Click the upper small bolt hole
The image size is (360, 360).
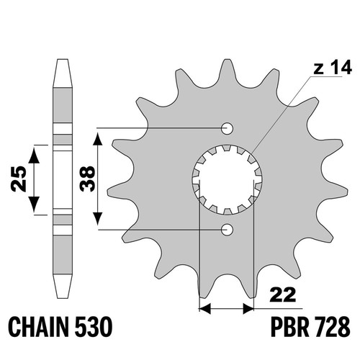[x=227, y=128]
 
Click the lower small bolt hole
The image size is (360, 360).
[x=227, y=230]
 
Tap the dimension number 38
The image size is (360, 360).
[x=87, y=179]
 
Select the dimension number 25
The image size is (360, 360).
[x=19, y=179]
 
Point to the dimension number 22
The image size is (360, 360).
[x=282, y=294]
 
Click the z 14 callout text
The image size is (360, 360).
[x=333, y=68]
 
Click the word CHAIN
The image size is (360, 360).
[x=38, y=327]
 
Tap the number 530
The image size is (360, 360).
[x=94, y=327]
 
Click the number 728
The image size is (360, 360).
[x=332, y=327]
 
